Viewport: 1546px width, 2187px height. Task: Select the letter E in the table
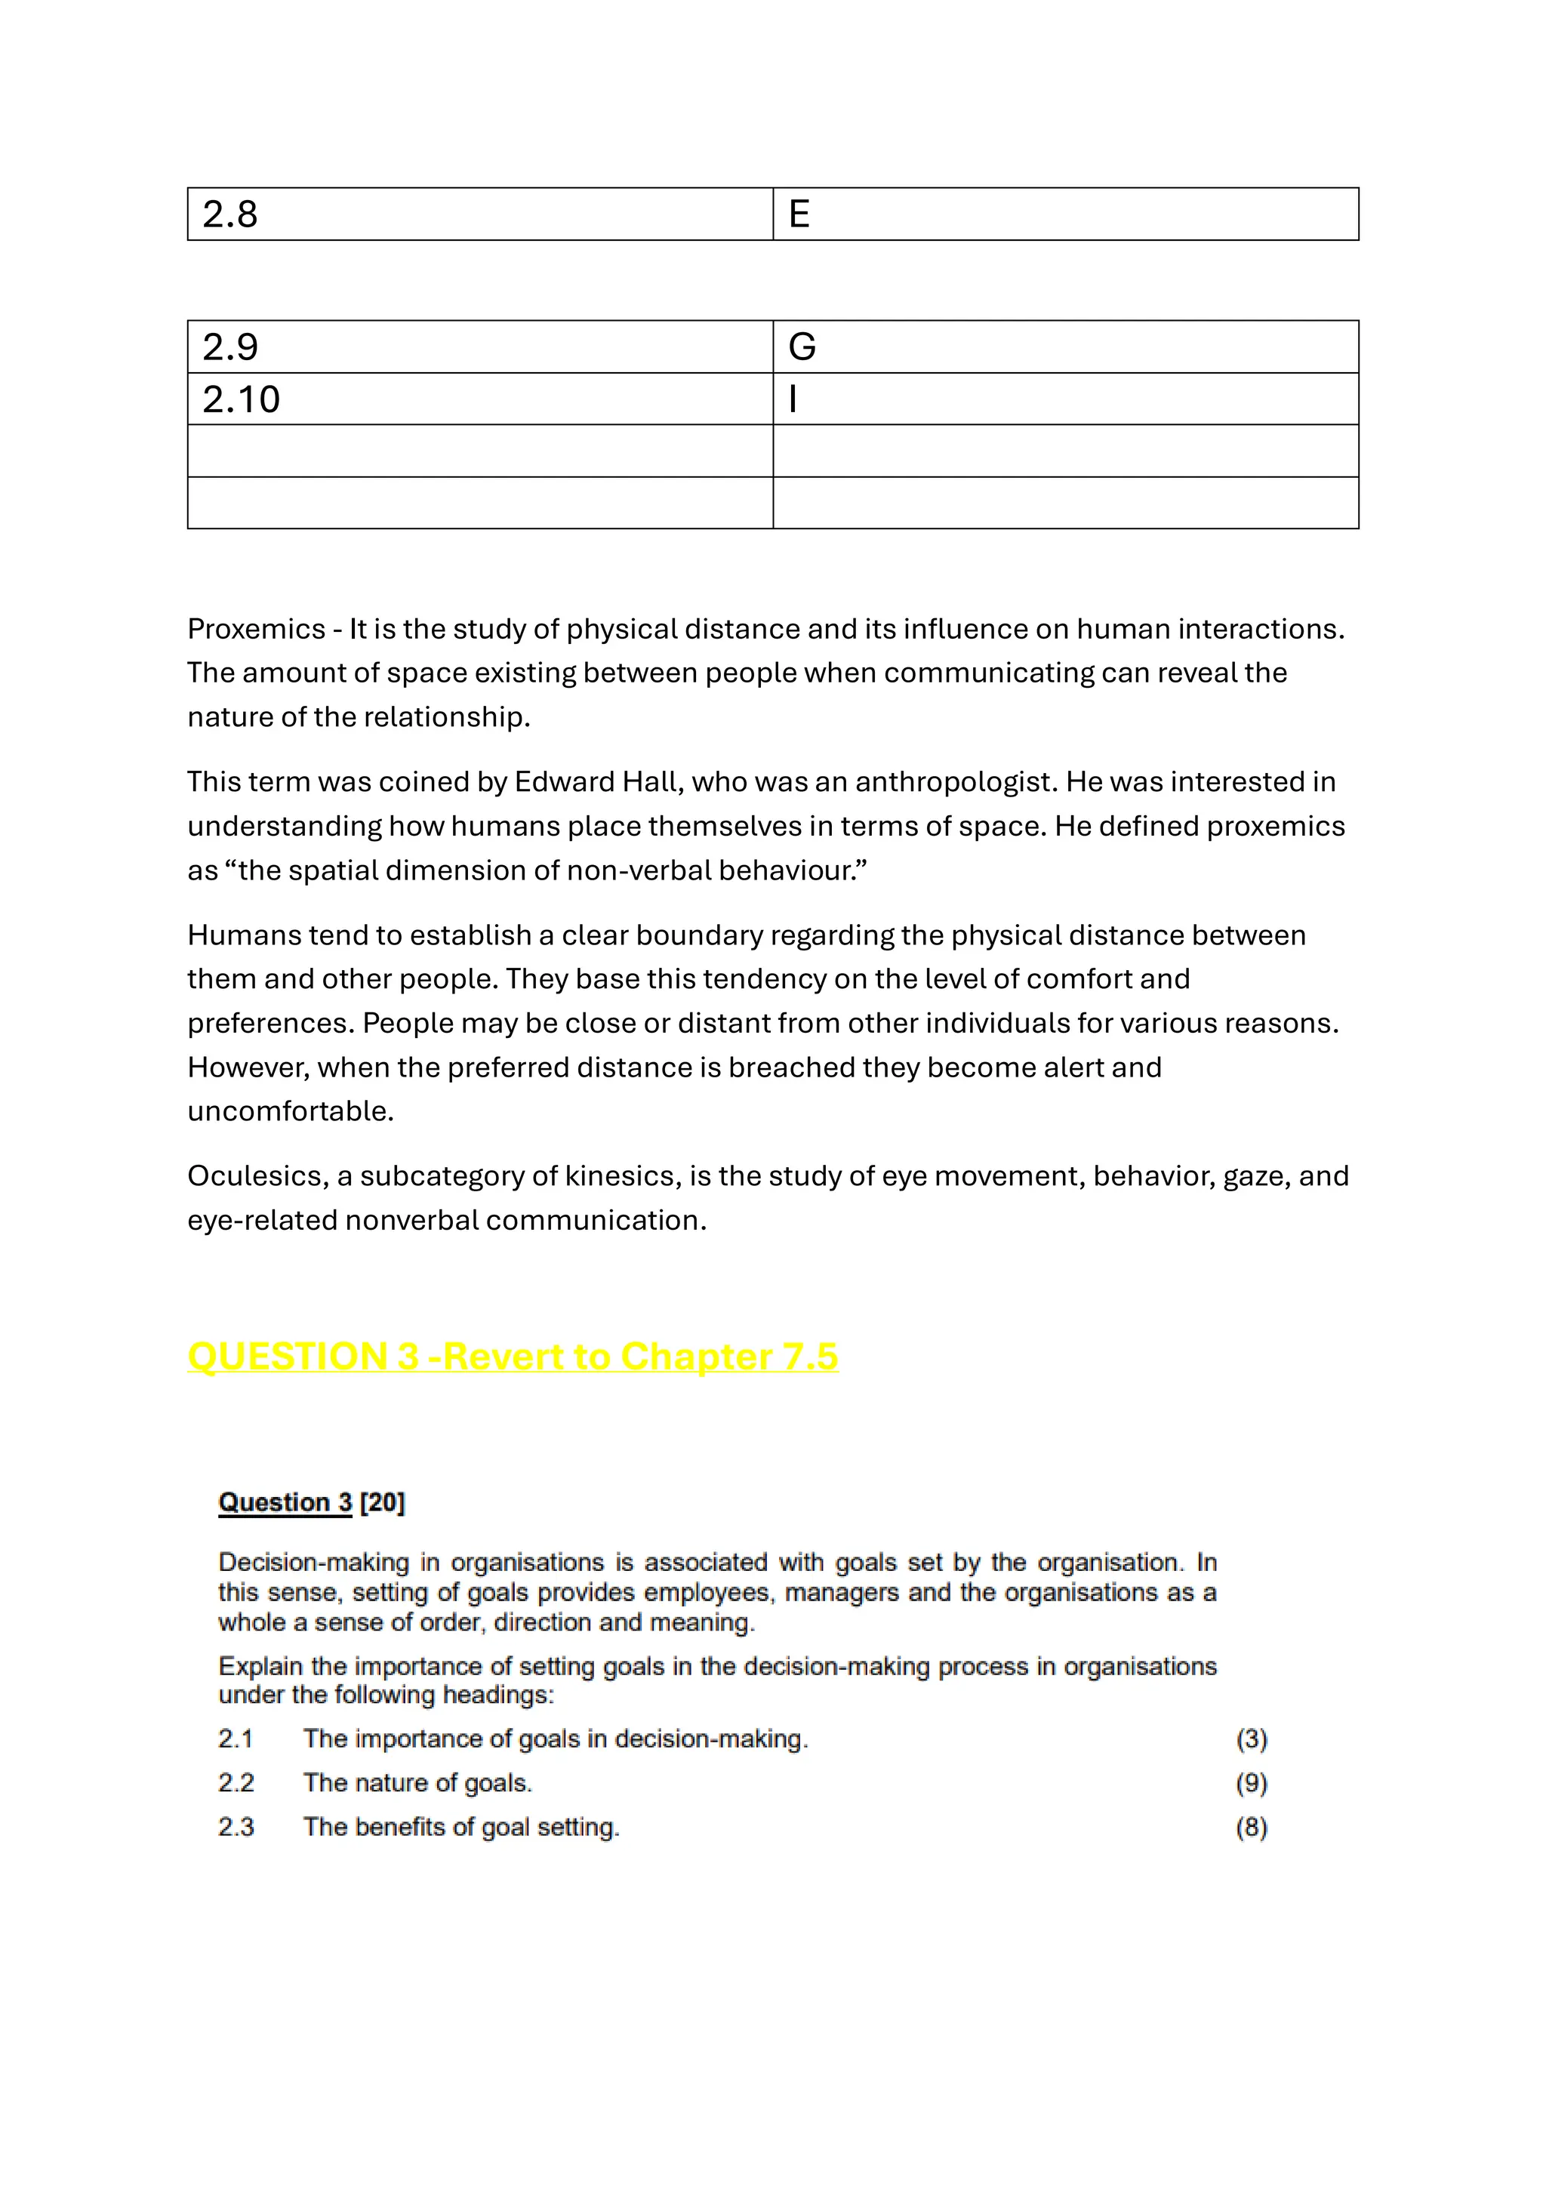[x=799, y=214]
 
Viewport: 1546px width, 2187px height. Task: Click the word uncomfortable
[x=290, y=1111]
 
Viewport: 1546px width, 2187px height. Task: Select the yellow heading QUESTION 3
[x=303, y=1357]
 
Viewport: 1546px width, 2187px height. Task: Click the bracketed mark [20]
[x=383, y=1502]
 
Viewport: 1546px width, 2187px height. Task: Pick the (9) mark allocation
[x=1251, y=1783]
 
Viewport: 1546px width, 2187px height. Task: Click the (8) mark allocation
[x=1251, y=1827]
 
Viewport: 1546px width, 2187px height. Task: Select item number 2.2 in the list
[x=236, y=1783]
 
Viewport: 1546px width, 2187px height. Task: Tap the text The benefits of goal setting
[x=461, y=1827]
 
